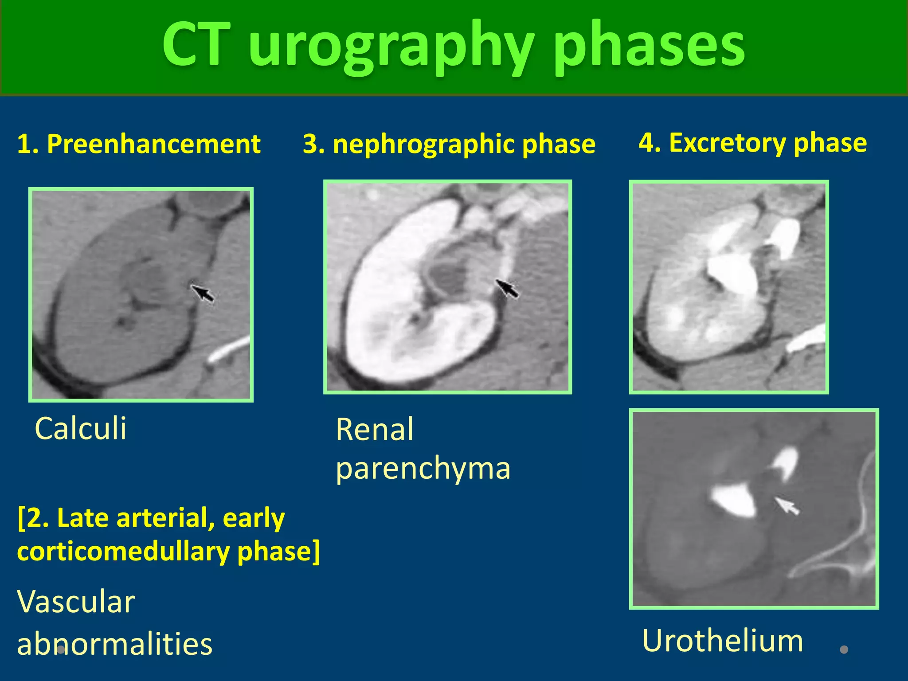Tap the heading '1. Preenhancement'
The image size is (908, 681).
click(x=138, y=144)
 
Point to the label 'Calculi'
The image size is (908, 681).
click(x=80, y=429)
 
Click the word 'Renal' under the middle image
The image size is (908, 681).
click(x=375, y=430)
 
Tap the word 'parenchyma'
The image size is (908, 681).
click(x=423, y=468)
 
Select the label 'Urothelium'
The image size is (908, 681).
click(x=722, y=641)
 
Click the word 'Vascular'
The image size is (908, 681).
click(x=76, y=602)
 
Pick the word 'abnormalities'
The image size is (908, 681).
click(x=114, y=644)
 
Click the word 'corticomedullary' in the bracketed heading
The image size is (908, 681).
click(x=123, y=552)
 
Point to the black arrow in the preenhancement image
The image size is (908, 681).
click(x=203, y=293)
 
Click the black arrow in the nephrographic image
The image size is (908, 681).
click(x=507, y=289)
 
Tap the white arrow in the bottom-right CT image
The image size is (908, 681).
click(x=787, y=506)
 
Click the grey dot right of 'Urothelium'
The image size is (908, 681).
click(x=844, y=650)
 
